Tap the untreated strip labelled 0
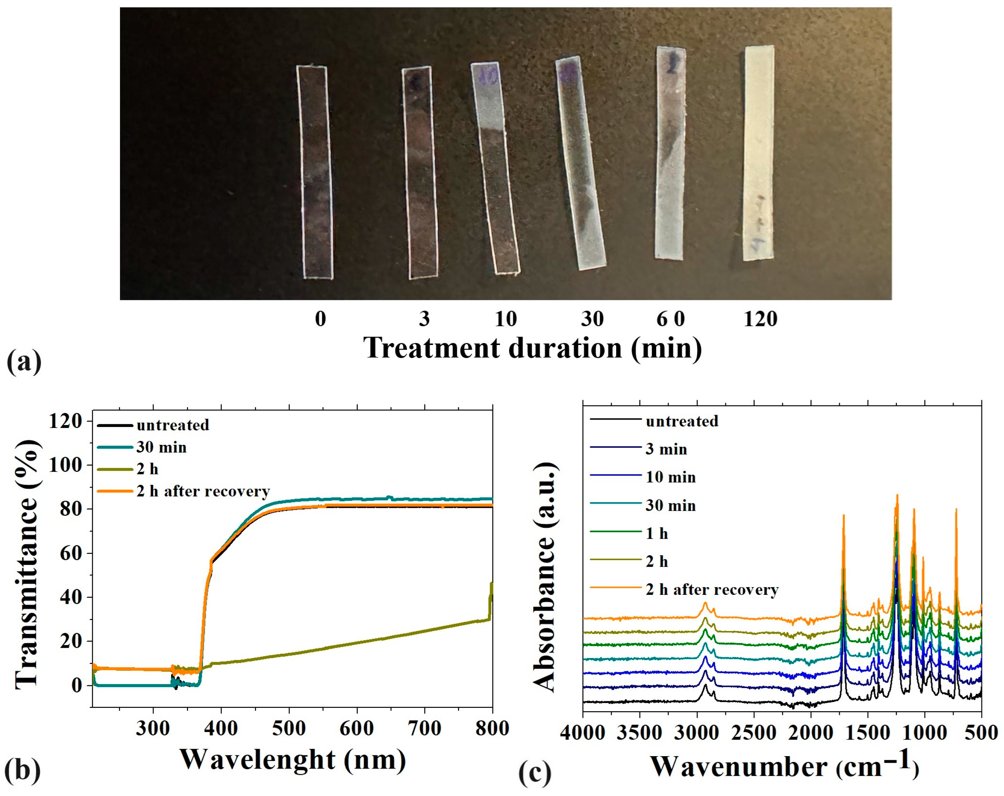(x=315, y=172)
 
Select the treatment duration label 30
(x=592, y=319)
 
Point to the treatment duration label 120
(x=760, y=319)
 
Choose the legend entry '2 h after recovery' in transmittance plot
(x=203, y=491)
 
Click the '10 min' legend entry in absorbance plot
(x=670, y=477)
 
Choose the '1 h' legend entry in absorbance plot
(x=657, y=533)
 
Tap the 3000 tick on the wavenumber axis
(x=697, y=733)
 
